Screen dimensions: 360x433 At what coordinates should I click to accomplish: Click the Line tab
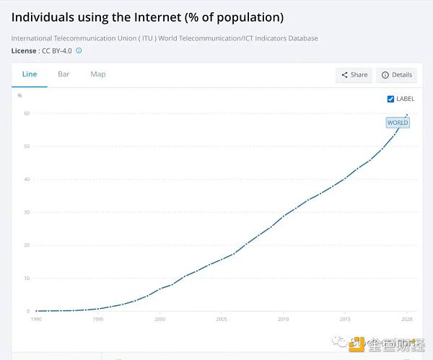[x=30, y=74]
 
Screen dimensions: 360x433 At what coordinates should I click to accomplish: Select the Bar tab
[x=64, y=74]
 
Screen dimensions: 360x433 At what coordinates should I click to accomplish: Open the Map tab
[x=98, y=74]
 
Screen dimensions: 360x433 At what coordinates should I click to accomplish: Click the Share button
[x=354, y=75]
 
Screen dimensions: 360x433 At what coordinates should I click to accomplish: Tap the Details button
[x=396, y=75]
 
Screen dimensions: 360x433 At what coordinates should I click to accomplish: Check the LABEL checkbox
[x=391, y=99]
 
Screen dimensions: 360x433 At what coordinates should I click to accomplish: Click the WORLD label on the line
[x=398, y=123]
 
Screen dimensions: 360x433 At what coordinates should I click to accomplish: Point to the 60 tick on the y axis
[x=26, y=113]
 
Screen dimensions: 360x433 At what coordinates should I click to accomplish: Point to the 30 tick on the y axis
[x=26, y=212]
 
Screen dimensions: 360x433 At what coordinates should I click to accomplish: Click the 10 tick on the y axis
[x=26, y=278]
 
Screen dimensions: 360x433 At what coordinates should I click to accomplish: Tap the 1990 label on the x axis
[x=36, y=318]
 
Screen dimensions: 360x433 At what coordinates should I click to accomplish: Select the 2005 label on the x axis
[x=222, y=318]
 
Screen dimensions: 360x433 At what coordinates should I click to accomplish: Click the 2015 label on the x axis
[x=346, y=318]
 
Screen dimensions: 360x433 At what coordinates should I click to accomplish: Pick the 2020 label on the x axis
[x=408, y=318]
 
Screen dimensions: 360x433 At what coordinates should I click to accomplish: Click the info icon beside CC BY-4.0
[x=79, y=51]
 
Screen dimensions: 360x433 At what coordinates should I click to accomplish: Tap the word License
[x=25, y=51]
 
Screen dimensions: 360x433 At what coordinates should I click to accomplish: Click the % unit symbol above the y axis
[x=19, y=95]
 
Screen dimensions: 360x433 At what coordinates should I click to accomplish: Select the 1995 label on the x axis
[x=98, y=318]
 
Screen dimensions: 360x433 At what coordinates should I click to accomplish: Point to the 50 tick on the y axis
[x=26, y=146]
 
